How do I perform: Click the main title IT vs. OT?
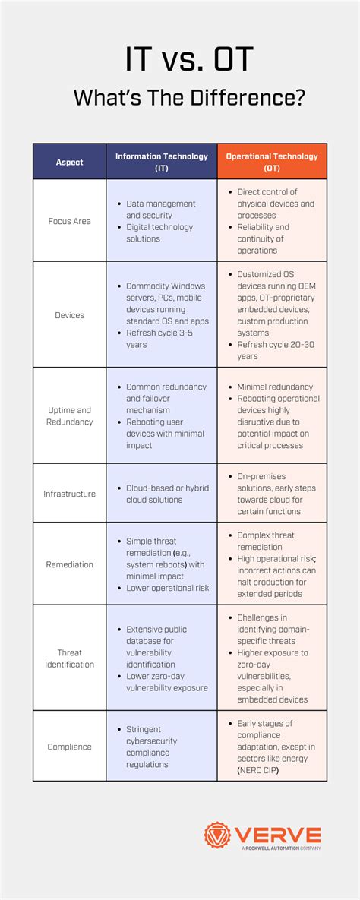(x=180, y=60)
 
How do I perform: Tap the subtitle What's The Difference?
(x=180, y=98)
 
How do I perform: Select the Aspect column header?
(x=69, y=162)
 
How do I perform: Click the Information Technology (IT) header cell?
(x=161, y=162)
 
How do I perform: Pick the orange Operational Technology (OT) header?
(x=272, y=162)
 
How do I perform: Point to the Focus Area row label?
(x=69, y=221)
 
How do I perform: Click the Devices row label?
(x=69, y=314)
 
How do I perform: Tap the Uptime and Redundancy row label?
(x=69, y=415)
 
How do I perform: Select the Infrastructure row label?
(x=69, y=494)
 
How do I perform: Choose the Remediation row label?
(x=69, y=564)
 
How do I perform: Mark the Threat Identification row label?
(x=69, y=658)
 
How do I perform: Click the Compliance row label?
(x=69, y=747)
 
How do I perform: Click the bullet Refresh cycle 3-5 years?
(x=159, y=338)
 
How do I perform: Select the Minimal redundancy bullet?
(x=274, y=387)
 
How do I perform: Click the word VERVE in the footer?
(x=277, y=834)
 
